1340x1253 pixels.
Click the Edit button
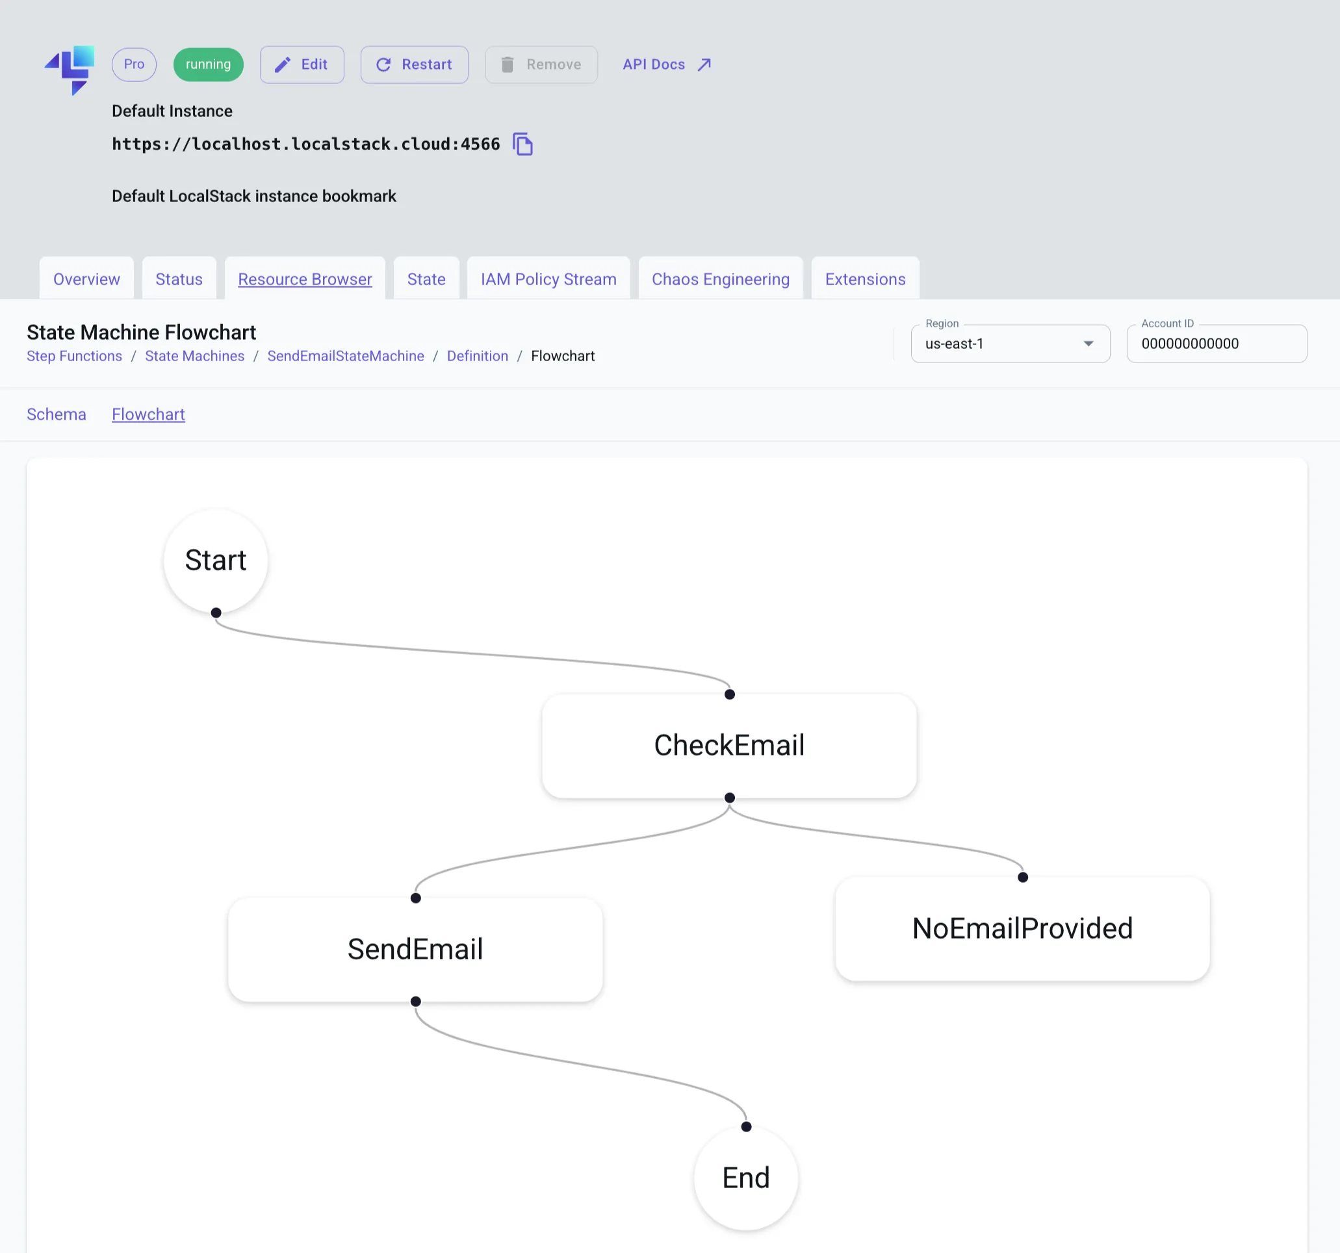[x=302, y=65]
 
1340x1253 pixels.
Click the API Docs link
[x=666, y=65]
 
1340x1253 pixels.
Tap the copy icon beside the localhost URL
[x=522, y=144]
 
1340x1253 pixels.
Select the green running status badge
[x=209, y=65]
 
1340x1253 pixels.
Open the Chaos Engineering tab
[x=720, y=279]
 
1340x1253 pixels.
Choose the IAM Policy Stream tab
[x=548, y=279]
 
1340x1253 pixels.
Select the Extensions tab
[x=865, y=279]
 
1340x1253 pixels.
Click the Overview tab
[x=86, y=279]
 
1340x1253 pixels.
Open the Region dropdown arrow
[x=1088, y=344]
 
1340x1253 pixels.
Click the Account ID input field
[x=1216, y=344]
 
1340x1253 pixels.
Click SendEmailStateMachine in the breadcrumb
[x=345, y=356]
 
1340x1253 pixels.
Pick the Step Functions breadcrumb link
[x=74, y=356]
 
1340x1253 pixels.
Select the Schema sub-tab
[x=56, y=414]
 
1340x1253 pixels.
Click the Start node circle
[x=216, y=561]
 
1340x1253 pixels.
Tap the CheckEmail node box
[x=728, y=745]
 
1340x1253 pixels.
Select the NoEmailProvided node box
[x=1022, y=928]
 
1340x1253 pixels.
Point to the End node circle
[x=745, y=1178]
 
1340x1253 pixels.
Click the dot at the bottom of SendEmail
[x=416, y=1002]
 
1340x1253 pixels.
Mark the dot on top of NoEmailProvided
[x=1022, y=877]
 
